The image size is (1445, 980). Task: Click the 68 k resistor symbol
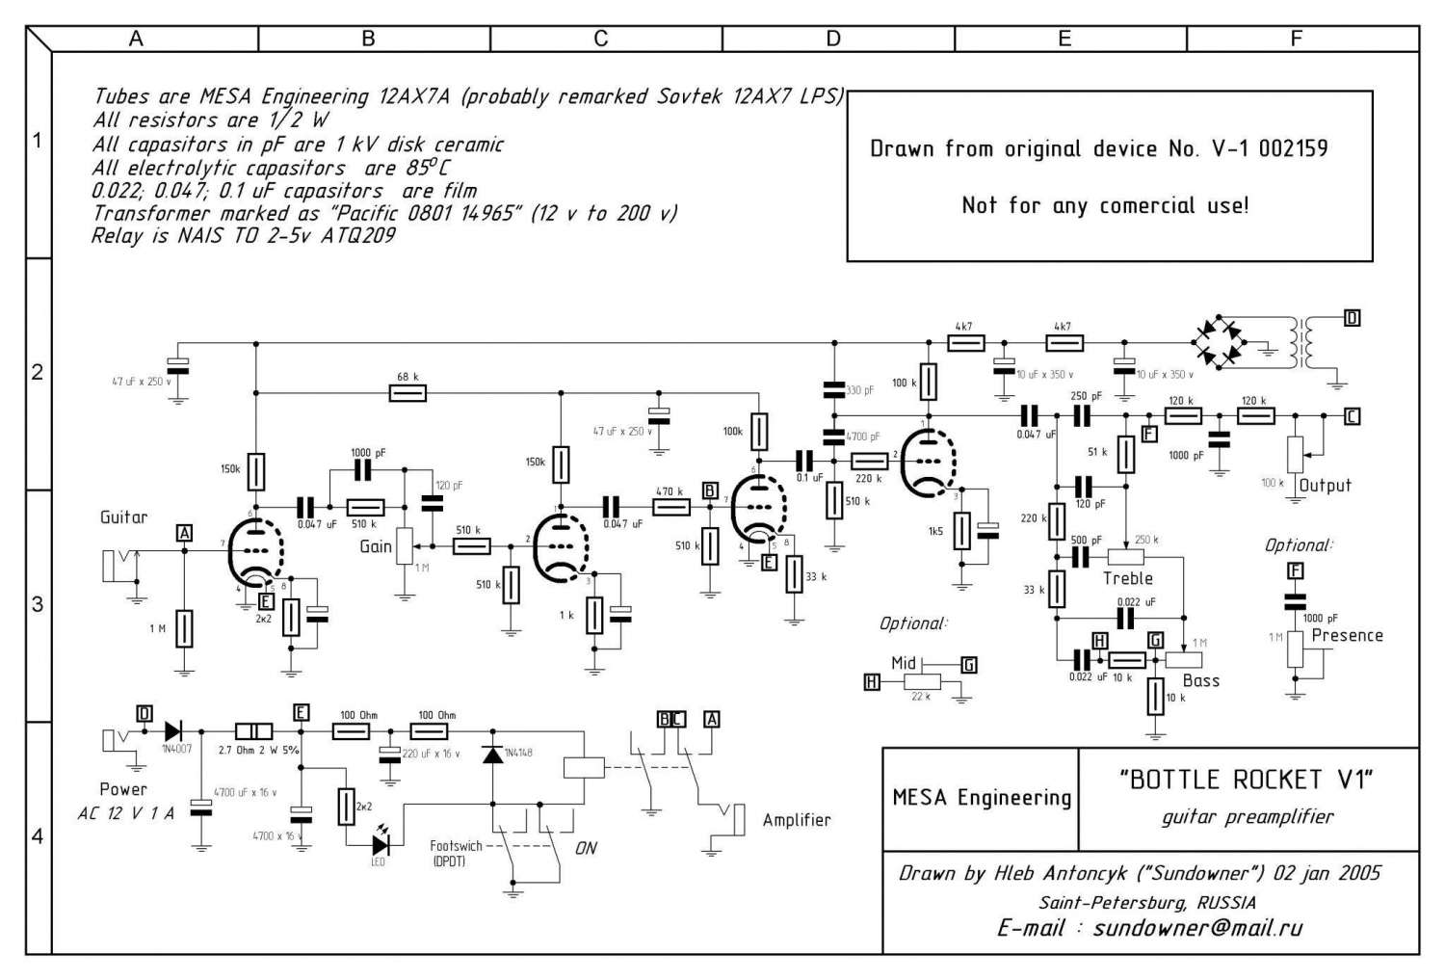(x=407, y=393)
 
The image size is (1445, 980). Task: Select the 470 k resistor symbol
(x=670, y=508)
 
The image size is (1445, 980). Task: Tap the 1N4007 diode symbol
(x=174, y=730)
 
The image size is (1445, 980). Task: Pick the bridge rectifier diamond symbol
(x=1219, y=342)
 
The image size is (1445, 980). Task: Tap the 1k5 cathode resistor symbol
(x=961, y=531)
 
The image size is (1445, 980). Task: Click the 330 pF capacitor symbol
(x=834, y=390)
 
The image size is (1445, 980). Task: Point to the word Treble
(x=1127, y=578)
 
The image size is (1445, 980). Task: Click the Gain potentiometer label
(x=376, y=546)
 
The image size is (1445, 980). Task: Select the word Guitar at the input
(x=124, y=517)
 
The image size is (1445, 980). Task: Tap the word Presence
(x=1347, y=635)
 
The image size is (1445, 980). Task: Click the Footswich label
(x=456, y=846)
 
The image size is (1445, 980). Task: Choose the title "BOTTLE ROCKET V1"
(x=1247, y=780)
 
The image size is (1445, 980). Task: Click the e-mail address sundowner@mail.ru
(x=1197, y=928)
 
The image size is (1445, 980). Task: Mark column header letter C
(x=601, y=39)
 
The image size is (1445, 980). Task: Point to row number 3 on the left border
(x=38, y=605)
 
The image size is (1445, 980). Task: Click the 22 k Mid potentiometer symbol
(x=922, y=682)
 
